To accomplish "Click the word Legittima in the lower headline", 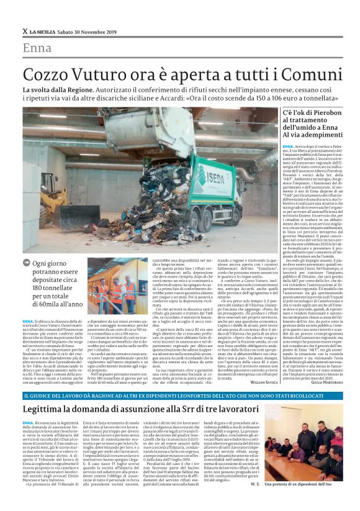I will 45,410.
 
